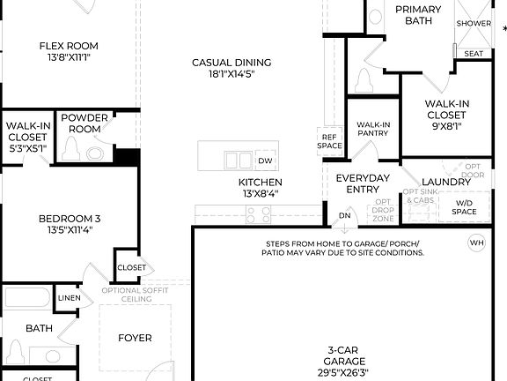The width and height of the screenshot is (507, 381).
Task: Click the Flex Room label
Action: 69,46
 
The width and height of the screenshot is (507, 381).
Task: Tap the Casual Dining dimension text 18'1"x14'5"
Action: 231,75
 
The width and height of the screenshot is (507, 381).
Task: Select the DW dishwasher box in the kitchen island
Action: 266,161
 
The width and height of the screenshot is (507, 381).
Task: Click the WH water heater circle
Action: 477,243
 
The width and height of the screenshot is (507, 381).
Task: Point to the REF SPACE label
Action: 330,141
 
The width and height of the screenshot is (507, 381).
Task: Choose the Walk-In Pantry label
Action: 373,130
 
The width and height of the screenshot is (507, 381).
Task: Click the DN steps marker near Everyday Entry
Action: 345,214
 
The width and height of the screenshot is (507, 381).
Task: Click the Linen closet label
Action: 69,299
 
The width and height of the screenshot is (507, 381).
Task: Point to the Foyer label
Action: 135,338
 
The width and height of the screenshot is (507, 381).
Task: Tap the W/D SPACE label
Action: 464,207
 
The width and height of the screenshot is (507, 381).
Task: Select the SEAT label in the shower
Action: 474,54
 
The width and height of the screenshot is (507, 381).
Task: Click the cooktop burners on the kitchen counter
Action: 259,212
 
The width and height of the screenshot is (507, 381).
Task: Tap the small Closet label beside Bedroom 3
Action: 131,267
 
